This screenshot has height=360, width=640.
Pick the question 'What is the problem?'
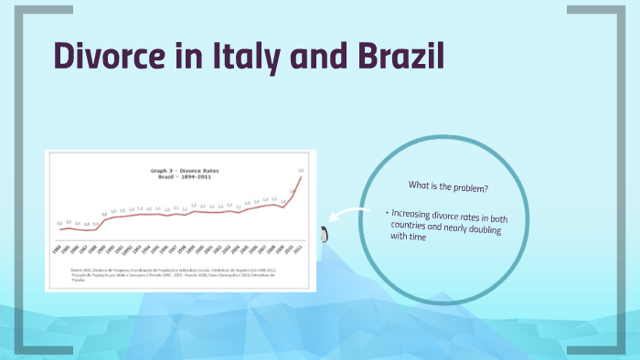click(x=447, y=187)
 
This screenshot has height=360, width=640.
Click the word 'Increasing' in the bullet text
click(x=416, y=214)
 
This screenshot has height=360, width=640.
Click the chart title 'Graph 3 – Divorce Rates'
click(x=185, y=171)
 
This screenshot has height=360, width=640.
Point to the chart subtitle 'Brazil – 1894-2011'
click(x=185, y=177)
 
